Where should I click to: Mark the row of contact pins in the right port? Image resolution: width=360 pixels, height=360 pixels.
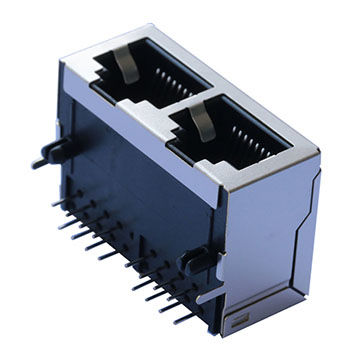tap(247, 130)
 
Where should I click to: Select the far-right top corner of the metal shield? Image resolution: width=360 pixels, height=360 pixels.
tap(318, 156)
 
